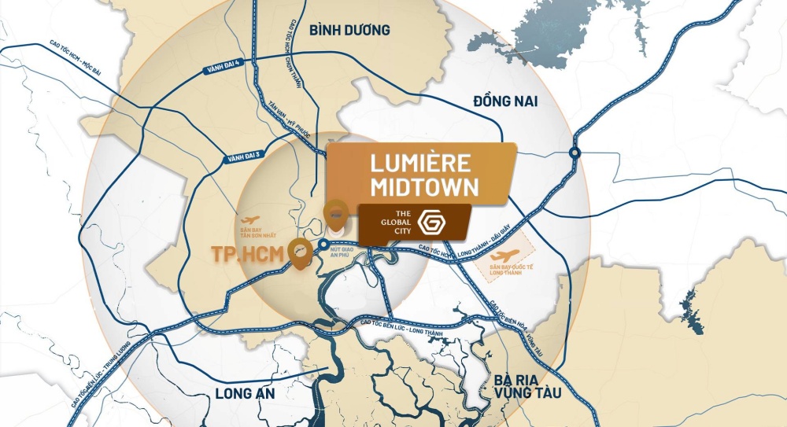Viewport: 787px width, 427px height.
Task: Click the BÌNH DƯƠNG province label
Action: [x=349, y=31]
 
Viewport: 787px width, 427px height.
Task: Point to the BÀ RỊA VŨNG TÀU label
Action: [x=527, y=385]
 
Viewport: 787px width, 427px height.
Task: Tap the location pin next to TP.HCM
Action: [x=298, y=252]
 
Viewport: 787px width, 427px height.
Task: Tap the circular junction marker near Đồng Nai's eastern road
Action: [x=575, y=153]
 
